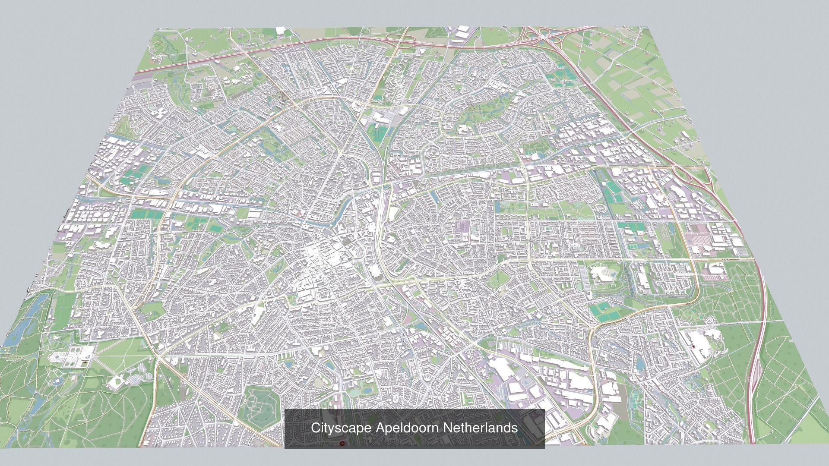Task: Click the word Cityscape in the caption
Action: pos(341,428)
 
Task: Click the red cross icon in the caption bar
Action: pos(342,444)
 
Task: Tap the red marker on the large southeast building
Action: pos(693,347)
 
